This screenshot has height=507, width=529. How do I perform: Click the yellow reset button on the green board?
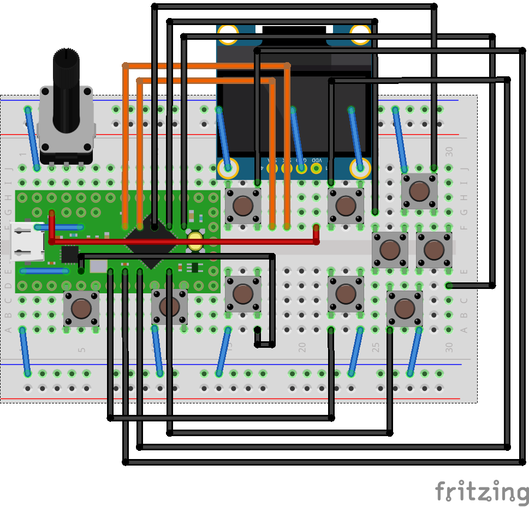pos(195,242)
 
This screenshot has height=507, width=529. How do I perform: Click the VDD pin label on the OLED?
pos(316,160)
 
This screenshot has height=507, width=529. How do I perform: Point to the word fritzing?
pos(481,492)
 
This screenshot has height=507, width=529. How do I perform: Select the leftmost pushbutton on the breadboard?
pos(81,309)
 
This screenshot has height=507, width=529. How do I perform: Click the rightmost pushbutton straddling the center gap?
pos(433,250)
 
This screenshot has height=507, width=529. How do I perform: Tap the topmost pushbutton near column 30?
pos(419,191)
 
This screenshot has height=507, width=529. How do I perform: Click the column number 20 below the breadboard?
pos(302,347)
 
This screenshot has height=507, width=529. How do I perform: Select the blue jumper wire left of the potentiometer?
pos(32,138)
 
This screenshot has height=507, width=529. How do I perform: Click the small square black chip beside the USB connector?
pos(70,254)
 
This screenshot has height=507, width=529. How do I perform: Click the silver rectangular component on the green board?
pos(99,266)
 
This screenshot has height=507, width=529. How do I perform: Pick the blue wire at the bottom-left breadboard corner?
pos(25,351)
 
